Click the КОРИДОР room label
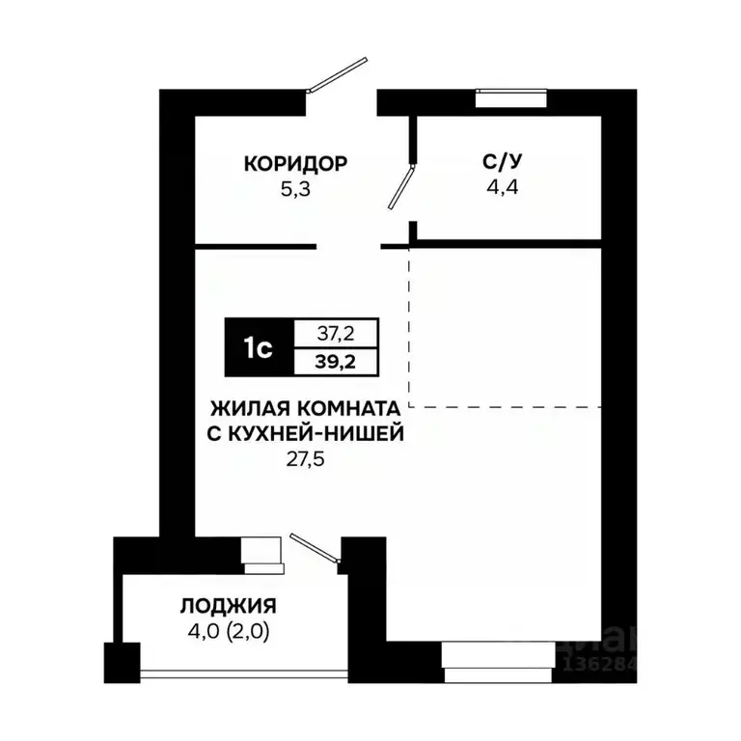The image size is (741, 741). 295,163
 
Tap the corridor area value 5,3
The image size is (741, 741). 295,188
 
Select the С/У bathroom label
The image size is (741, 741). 500,162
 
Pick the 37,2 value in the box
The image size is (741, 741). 336,333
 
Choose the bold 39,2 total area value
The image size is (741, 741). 336,362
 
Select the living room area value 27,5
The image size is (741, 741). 306,459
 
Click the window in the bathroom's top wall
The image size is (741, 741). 511,96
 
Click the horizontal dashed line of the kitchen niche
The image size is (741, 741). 507,406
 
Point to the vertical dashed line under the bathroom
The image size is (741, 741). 410,328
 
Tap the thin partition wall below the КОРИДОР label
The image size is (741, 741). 256,247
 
